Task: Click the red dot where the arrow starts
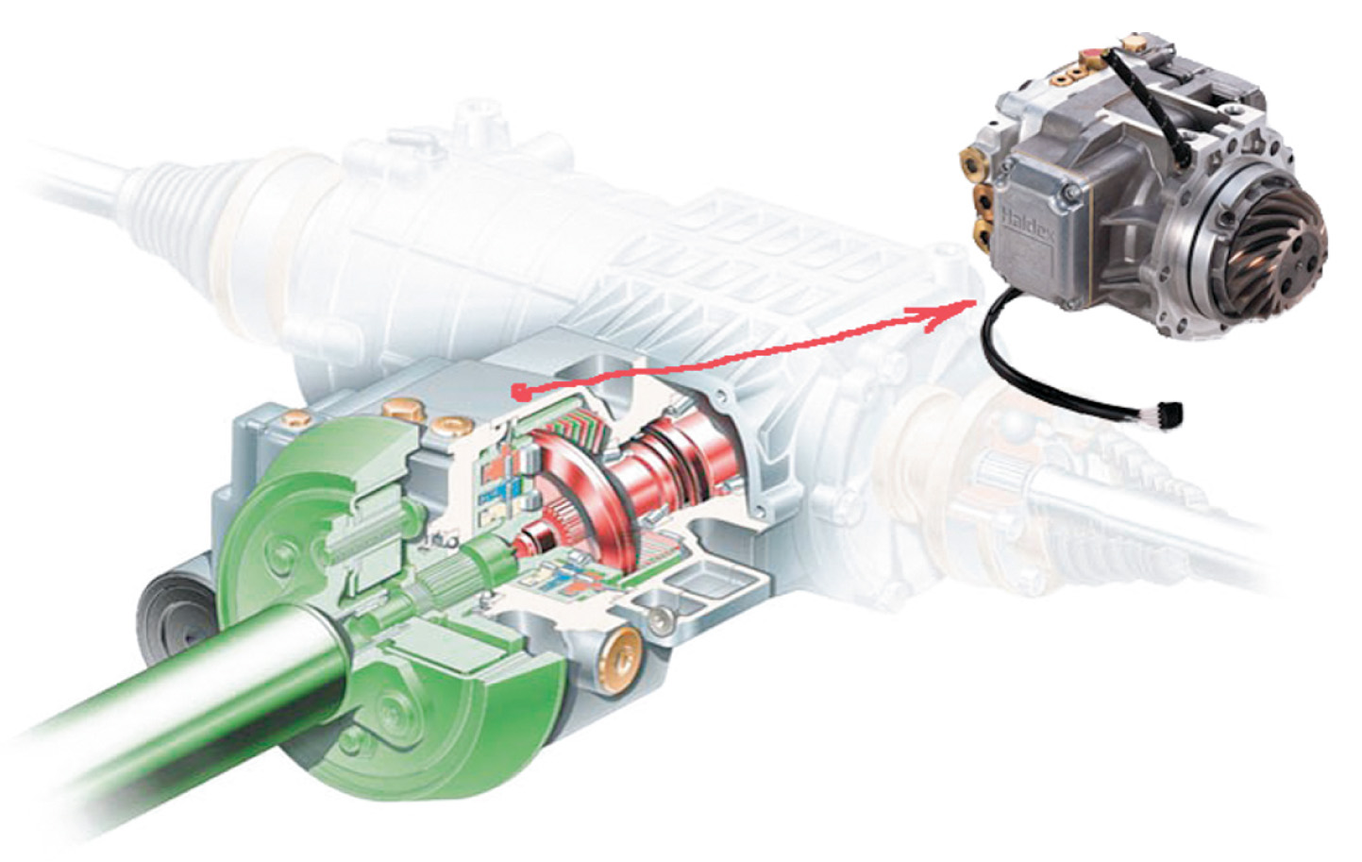click(x=518, y=391)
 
